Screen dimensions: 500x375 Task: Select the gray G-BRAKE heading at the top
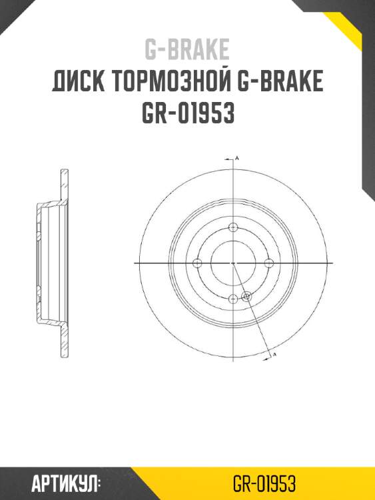pyautogui.click(x=187, y=49)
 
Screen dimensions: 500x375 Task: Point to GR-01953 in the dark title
pyautogui.click(x=187, y=114)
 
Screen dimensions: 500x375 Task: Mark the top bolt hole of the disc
pyautogui.click(x=232, y=228)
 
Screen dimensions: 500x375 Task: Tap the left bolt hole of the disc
pyautogui.click(x=197, y=264)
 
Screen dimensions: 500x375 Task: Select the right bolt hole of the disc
pyautogui.click(x=268, y=264)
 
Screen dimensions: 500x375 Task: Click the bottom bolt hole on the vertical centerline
pyautogui.click(x=232, y=299)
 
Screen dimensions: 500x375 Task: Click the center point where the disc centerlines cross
pyautogui.click(x=232, y=264)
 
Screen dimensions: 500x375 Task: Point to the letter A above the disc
pyautogui.click(x=238, y=158)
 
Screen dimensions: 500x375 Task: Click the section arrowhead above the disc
pyautogui.click(x=230, y=161)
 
